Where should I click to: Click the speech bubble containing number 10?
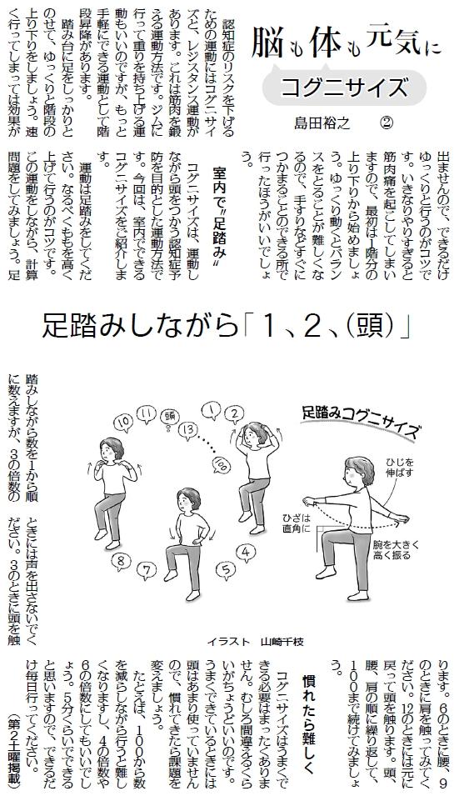(124, 422)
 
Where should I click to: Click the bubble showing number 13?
(188, 429)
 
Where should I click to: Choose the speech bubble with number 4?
(246, 553)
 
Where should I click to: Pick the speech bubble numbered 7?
(146, 568)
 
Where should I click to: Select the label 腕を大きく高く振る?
(397, 549)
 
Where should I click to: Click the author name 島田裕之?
(322, 123)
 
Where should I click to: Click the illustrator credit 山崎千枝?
(282, 641)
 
